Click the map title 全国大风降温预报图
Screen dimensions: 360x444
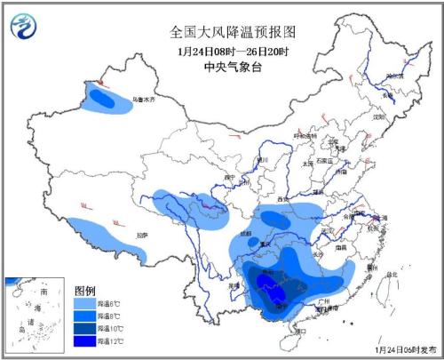[x=233, y=31]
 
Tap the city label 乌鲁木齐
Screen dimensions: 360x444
[x=143, y=99]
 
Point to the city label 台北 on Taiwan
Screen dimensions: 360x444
[x=392, y=275]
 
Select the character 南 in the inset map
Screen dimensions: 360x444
[x=43, y=292]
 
